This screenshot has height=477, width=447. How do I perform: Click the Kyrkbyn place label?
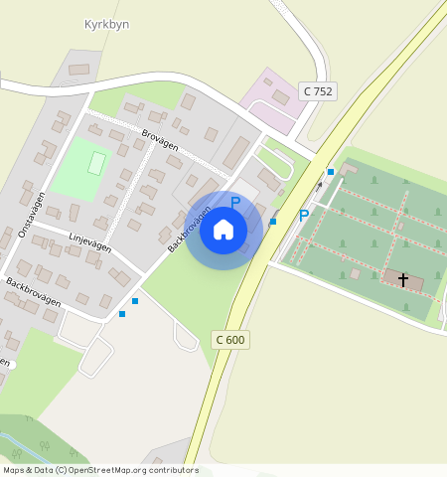tap(107, 24)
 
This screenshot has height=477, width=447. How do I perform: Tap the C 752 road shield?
tap(319, 91)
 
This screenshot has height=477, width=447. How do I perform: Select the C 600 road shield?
tap(229, 340)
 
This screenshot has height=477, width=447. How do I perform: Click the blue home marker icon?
tap(223, 231)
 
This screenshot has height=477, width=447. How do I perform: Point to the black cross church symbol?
tap(403, 279)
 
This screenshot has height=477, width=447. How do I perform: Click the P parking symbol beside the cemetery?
tap(304, 216)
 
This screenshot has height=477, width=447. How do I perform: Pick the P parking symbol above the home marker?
tap(235, 203)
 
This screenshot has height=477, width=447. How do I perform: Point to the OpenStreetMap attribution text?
tap(100, 470)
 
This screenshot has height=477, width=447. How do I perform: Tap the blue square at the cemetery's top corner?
tap(331, 172)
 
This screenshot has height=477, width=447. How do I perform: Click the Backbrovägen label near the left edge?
tap(33, 292)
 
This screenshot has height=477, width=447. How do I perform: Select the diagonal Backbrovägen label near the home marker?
tap(189, 230)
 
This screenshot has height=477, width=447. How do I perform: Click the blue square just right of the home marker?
tap(272, 222)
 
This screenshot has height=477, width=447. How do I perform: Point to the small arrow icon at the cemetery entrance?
tap(319, 186)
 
